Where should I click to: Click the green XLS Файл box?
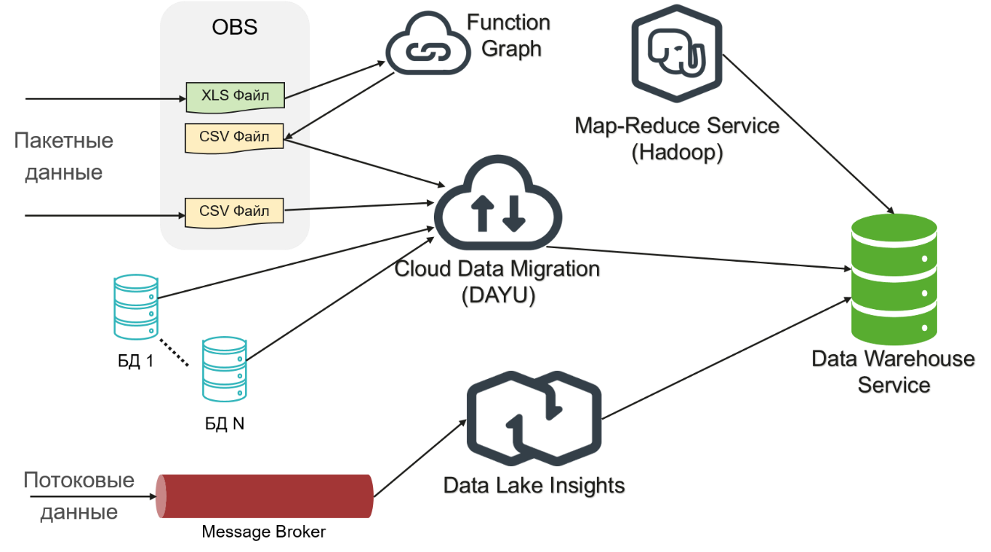[x=235, y=96]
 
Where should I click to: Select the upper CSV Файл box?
[x=235, y=137]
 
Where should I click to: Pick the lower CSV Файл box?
[x=235, y=211]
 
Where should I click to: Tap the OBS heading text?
[x=235, y=28]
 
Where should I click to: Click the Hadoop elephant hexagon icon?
[x=677, y=53]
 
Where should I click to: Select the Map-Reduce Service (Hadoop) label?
[x=677, y=138]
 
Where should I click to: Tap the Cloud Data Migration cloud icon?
[x=498, y=207]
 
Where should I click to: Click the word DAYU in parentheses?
[x=498, y=296]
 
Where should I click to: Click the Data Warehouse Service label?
[x=893, y=372]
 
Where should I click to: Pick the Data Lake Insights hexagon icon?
[x=534, y=418]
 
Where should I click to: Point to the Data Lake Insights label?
[x=534, y=486]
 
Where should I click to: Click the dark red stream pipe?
[x=265, y=496]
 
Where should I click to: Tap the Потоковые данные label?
[x=79, y=496]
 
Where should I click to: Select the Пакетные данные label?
[x=64, y=156]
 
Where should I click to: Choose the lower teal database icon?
[x=224, y=369]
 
